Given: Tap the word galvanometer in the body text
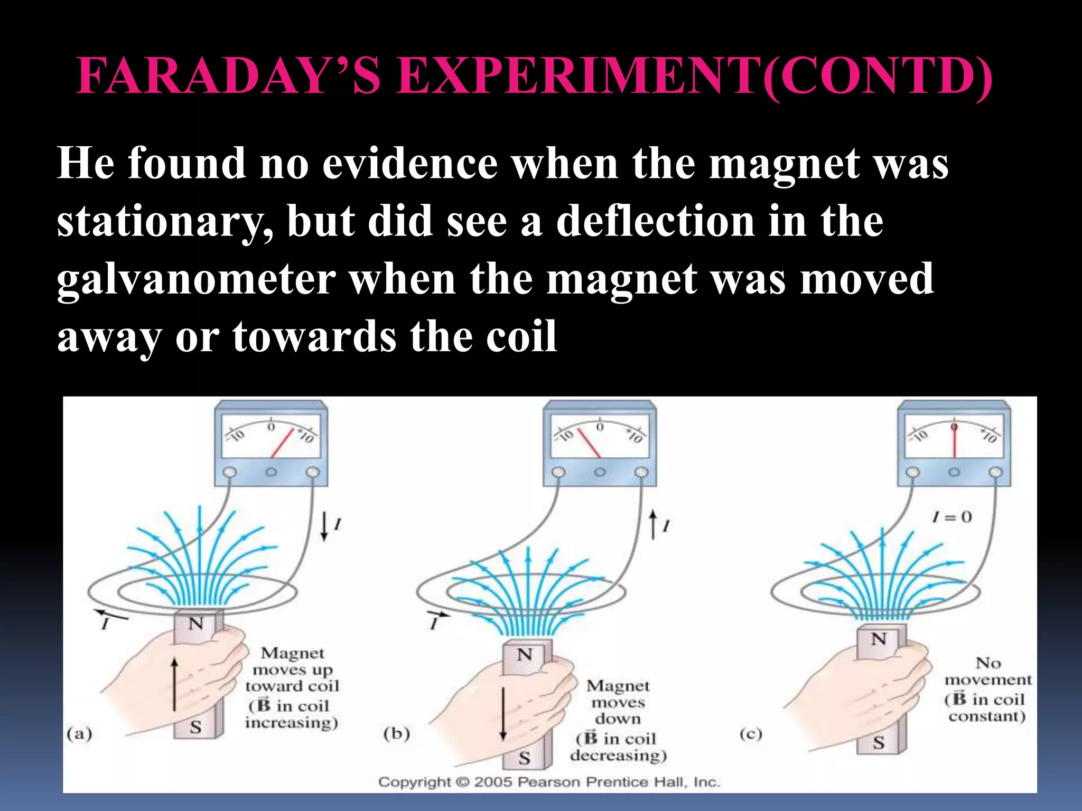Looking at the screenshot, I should pos(196,279).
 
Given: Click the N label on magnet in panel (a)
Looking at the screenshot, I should pos(196,624).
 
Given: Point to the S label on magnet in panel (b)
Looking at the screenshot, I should pos(524,758).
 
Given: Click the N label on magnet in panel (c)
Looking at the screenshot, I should pos(879,639).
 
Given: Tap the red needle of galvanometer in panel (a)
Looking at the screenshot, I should pos(283,442).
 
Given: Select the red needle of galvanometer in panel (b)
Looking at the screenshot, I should pos(589,442).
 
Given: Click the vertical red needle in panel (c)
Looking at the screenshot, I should pos(954,440).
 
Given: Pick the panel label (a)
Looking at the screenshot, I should pos(80,734).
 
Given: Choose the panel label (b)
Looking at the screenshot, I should pos(397,734).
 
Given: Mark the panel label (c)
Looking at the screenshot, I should pos(751,734).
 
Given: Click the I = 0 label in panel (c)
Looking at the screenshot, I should pos(952,517).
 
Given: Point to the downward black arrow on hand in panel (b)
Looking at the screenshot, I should pos(503,713).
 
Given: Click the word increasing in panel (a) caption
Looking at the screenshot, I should pos(291,722).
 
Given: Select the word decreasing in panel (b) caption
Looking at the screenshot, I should pos(618,755).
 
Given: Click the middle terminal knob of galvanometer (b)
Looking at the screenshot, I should pos(600,473).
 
